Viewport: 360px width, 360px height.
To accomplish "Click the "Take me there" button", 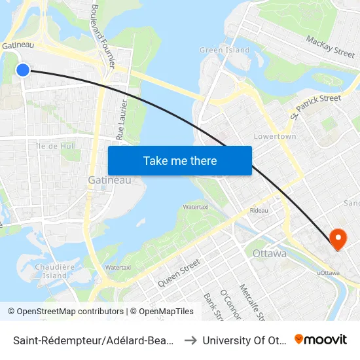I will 180,161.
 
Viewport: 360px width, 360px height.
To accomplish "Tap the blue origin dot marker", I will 23,69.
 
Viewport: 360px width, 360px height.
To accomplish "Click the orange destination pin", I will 338,238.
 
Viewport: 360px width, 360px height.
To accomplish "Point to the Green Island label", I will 225,50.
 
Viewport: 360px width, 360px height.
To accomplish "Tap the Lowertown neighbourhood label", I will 274,136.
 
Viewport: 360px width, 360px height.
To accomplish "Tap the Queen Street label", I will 178,273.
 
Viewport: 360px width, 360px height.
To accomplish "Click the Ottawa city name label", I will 269,253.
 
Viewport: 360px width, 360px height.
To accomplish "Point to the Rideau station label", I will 259,211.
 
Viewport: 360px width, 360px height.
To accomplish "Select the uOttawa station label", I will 328,272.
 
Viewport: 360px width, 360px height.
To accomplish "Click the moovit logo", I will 321,339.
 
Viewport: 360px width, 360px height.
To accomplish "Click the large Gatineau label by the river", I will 109,179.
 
